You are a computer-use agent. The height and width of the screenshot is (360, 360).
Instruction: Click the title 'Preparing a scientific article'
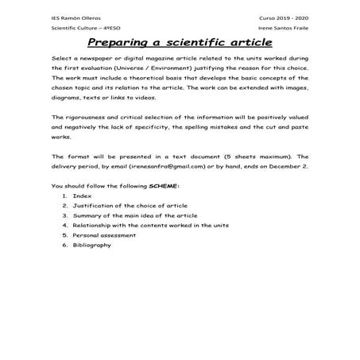tap(180, 41)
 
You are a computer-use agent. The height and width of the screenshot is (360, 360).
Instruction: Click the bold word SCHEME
tap(165, 186)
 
